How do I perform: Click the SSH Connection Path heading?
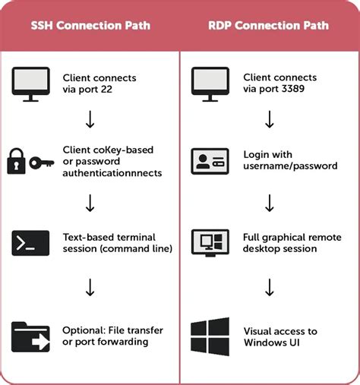pyautogui.click(x=90, y=25)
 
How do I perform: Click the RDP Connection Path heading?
pyautogui.click(x=268, y=25)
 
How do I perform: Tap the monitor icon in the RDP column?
pyautogui.click(x=210, y=82)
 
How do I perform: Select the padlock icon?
pyautogui.click(x=17, y=162)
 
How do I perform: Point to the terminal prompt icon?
pyautogui.click(x=30, y=243)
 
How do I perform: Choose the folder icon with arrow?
pyautogui.click(x=30, y=336)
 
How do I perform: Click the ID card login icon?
pyautogui.click(x=210, y=160)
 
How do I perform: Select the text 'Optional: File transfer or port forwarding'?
pyautogui.click(x=106, y=336)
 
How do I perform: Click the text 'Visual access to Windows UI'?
pyautogui.click(x=279, y=336)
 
